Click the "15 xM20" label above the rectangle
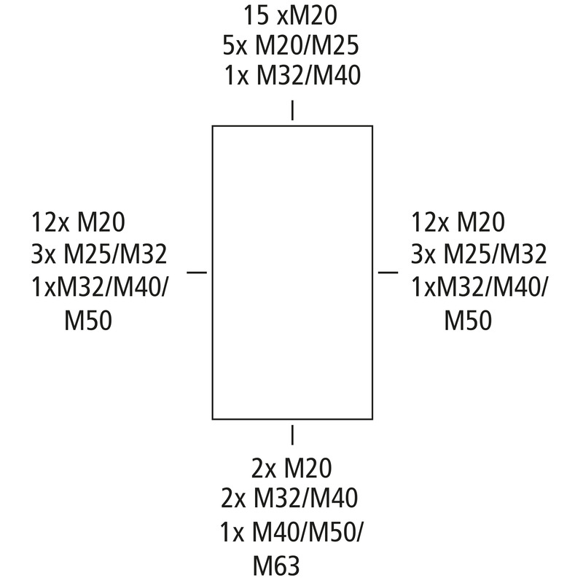tap(290, 15)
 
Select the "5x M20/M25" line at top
tap(291, 45)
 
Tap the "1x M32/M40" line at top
tap(292, 75)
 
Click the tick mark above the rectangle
tap(292, 110)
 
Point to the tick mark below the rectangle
tap(292, 435)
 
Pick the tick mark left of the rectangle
tap(197, 272)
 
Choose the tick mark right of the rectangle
tap(388, 272)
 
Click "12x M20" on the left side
tap(78, 222)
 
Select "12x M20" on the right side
tap(458, 222)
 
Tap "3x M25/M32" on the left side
tap(99, 254)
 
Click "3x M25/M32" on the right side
tap(479, 254)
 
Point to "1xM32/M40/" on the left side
tap(100, 287)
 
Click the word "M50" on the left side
tap(88, 321)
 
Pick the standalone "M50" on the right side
tap(468, 321)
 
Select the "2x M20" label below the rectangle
tap(292, 468)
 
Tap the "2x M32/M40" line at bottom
tap(289, 498)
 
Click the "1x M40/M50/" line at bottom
tap(292, 532)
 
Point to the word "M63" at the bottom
tap(276, 566)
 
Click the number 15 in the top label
tap(257, 15)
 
